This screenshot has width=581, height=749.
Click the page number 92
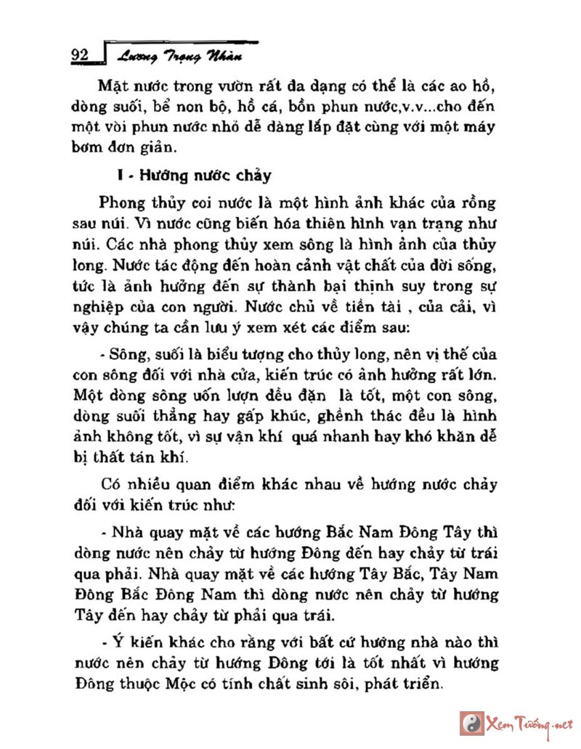coord(80,55)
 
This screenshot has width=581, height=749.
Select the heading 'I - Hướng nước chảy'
coord(184,175)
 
